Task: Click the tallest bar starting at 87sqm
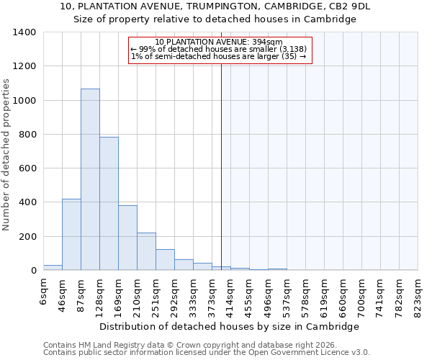pos(90,179)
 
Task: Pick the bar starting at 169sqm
pos(127,238)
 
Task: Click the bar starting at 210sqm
pos(146,251)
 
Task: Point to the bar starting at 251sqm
pos(165,260)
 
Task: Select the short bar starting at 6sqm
pos(53,267)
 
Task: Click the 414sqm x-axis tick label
pos(230,295)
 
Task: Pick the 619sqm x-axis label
pos(324,295)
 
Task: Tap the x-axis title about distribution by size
pos(229,326)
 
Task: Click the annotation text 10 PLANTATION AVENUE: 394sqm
pos(219,42)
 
